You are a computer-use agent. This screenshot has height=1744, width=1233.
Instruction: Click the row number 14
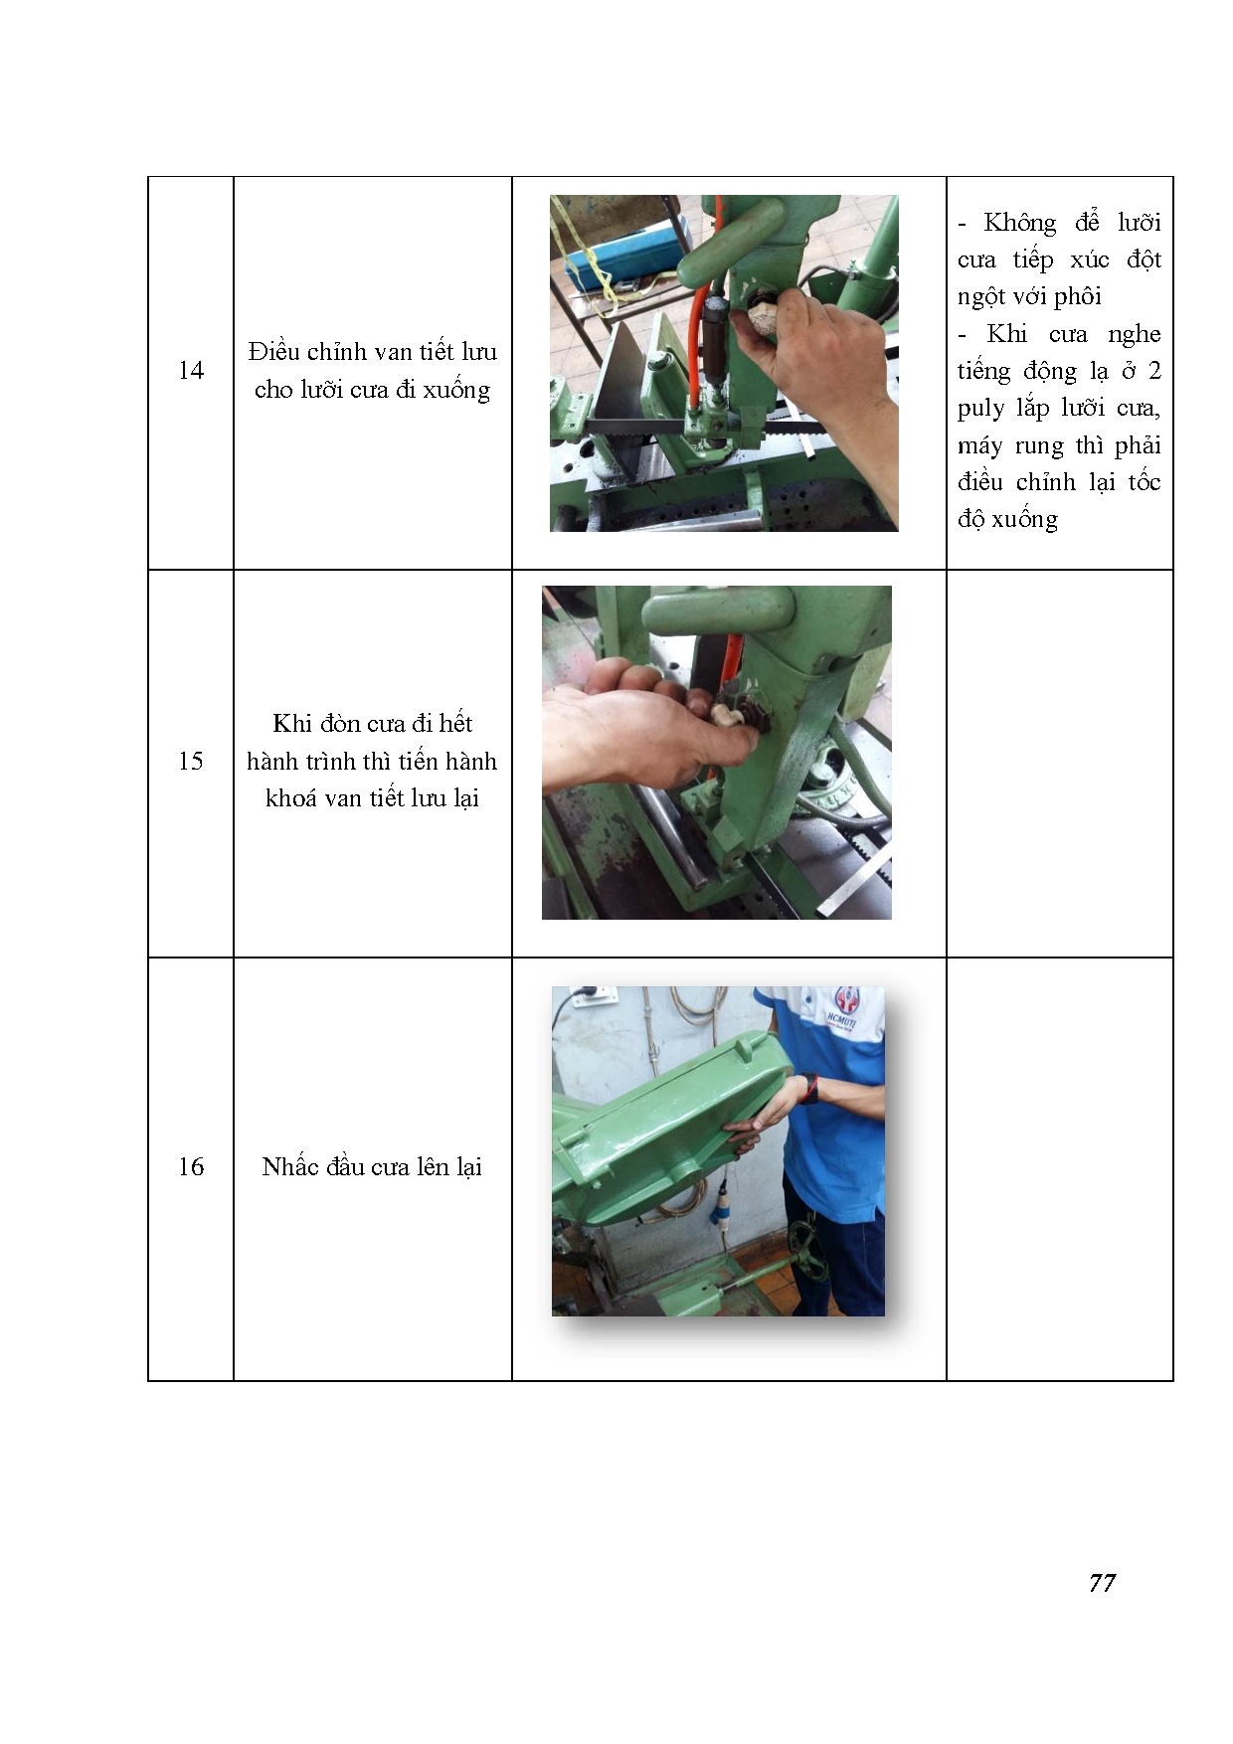(x=191, y=371)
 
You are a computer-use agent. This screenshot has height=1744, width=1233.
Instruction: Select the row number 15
(x=191, y=762)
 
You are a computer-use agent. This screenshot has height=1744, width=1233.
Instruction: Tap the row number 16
(x=191, y=1167)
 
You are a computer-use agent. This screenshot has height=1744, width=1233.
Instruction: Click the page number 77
(x=1102, y=1583)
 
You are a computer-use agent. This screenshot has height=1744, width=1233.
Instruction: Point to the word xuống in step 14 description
(x=456, y=390)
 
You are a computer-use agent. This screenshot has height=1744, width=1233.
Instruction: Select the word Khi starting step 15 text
(x=291, y=724)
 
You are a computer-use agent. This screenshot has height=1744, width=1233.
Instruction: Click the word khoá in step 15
(x=290, y=798)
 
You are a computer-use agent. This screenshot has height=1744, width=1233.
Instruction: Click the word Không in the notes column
(x=1020, y=223)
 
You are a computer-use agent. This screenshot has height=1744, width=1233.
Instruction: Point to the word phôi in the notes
(x=1078, y=297)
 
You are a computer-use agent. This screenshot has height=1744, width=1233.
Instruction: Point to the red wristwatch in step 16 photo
(x=810, y=1088)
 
